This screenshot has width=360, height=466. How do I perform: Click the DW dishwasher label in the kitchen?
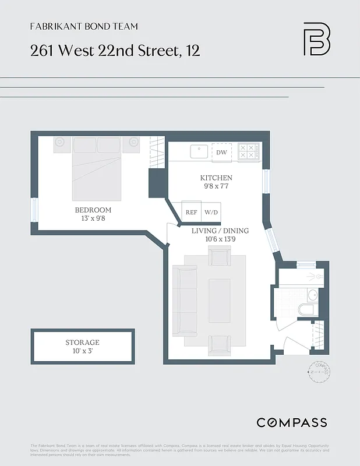coord(221,153)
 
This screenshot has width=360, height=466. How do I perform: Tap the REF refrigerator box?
coord(191,212)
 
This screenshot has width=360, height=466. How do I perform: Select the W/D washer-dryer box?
coord(211,212)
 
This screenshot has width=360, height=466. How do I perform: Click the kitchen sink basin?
coord(199,150)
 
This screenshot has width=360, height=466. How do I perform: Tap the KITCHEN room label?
coord(216,178)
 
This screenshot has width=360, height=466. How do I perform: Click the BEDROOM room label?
coord(93,210)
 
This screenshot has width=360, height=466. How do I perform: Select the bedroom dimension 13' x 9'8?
coord(93,218)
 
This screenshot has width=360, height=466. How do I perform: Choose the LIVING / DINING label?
coord(220,231)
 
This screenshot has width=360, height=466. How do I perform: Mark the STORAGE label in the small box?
coord(82,343)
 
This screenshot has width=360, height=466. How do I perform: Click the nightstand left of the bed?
coord(62,144)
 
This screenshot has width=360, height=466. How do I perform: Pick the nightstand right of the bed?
coord(133,144)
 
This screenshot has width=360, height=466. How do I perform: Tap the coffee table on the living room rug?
coord(220,300)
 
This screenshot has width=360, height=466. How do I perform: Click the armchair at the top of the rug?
coord(219,256)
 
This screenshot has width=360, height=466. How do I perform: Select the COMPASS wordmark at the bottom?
coord(292,423)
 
